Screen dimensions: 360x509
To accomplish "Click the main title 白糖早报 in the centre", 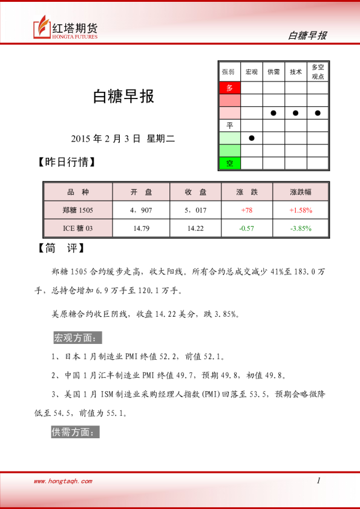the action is coord(123,96).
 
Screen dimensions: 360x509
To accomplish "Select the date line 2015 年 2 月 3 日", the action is coord(122,138).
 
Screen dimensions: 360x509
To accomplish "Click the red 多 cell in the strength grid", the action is coord(229,88).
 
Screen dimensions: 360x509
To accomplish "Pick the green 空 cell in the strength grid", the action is coord(229,163).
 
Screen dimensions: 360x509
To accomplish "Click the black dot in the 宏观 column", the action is coord(252,138).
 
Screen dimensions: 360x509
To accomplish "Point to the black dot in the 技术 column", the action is coord(295,113).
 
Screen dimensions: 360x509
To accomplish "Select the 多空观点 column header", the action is coord(317,71).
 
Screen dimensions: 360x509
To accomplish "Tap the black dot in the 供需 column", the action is coord(273,113).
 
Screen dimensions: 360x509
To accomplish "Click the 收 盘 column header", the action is coord(196,192).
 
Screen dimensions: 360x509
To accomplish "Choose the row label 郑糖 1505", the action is coord(77,210).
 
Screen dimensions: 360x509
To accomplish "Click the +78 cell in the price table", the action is coord(246,210).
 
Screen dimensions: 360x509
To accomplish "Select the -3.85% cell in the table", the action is coord(301,228).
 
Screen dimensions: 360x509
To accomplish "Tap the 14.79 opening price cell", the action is coord(141,228).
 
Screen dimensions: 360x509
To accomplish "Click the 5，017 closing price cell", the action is coord(196,210).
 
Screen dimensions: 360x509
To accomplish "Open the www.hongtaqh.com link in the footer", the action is coord(63,481).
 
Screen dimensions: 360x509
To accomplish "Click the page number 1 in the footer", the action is coord(318,481).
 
